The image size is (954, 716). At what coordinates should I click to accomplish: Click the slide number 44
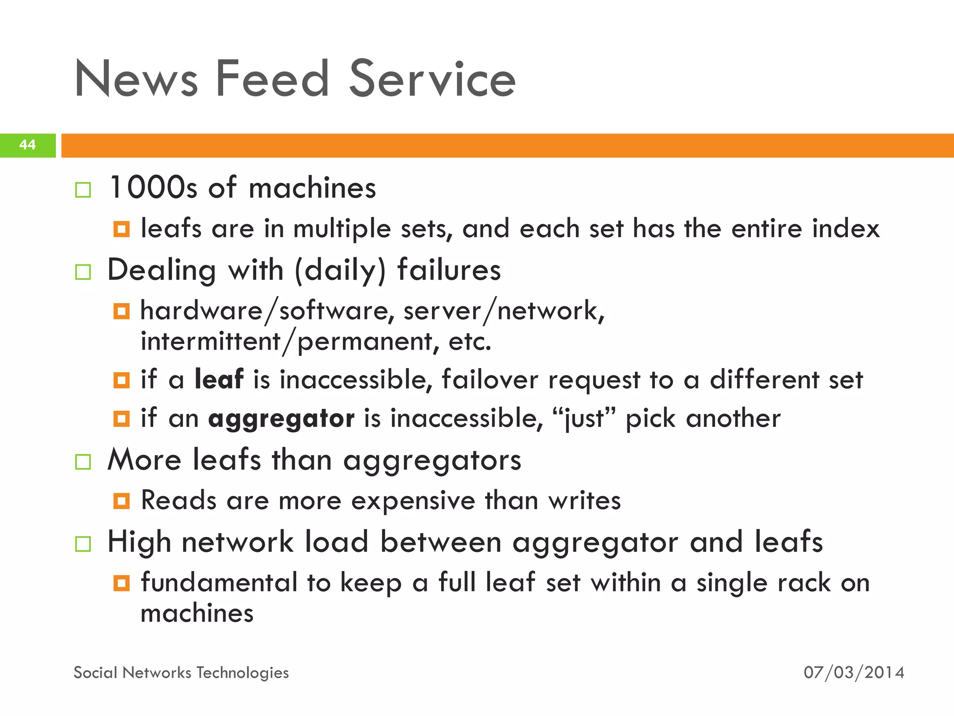pyautogui.click(x=27, y=145)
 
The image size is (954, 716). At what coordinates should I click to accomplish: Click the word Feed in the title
pyautogui.click(x=272, y=79)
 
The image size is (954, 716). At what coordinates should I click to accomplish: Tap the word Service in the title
pyautogui.click(x=432, y=79)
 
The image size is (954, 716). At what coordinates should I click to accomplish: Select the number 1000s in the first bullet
pyautogui.click(x=153, y=188)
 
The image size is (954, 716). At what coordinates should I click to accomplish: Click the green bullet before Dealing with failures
pyautogui.click(x=83, y=272)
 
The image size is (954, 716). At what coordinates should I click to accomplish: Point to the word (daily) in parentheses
pyautogui.click(x=341, y=271)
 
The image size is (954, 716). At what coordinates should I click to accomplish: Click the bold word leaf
pyautogui.click(x=219, y=379)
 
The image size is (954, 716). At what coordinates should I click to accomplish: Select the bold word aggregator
pyautogui.click(x=281, y=418)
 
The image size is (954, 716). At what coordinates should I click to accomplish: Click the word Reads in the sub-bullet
pyautogui.click(x=178, y=501)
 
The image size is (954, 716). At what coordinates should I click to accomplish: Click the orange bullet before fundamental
pyautogui.click(x=122, y=583)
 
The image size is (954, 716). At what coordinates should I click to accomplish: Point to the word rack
pyautogui.click(x=803, y=583)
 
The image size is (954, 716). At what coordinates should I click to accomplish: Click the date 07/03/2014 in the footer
pyautogui.click(x=854, y=673)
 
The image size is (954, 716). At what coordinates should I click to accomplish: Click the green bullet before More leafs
pyautogui.click(x=83, y=462)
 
